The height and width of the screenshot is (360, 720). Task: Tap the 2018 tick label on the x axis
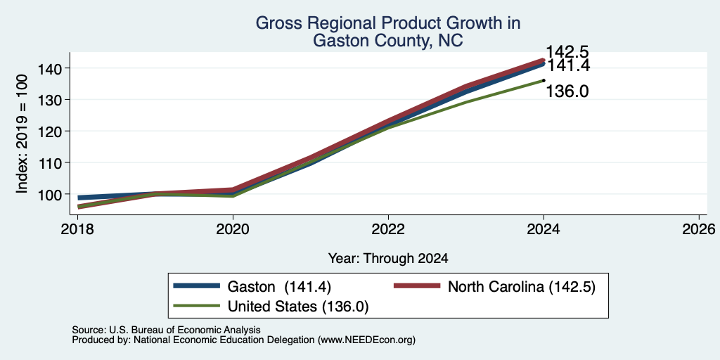77,229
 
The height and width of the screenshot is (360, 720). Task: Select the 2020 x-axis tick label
233,229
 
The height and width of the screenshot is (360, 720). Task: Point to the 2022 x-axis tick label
388,229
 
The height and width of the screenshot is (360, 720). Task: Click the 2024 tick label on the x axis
544,229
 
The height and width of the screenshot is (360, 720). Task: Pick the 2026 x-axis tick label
699,229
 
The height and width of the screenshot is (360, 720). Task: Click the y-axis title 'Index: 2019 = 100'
22,134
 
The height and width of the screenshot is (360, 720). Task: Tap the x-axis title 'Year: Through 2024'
388,259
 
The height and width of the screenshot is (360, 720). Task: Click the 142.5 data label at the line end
567,52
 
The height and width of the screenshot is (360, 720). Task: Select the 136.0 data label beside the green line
567,91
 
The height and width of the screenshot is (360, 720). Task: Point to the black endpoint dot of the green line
544,80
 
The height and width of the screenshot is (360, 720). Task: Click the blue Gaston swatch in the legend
197,285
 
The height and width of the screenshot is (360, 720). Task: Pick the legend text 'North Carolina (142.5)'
522,287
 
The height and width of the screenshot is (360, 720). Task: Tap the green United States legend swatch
197,305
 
